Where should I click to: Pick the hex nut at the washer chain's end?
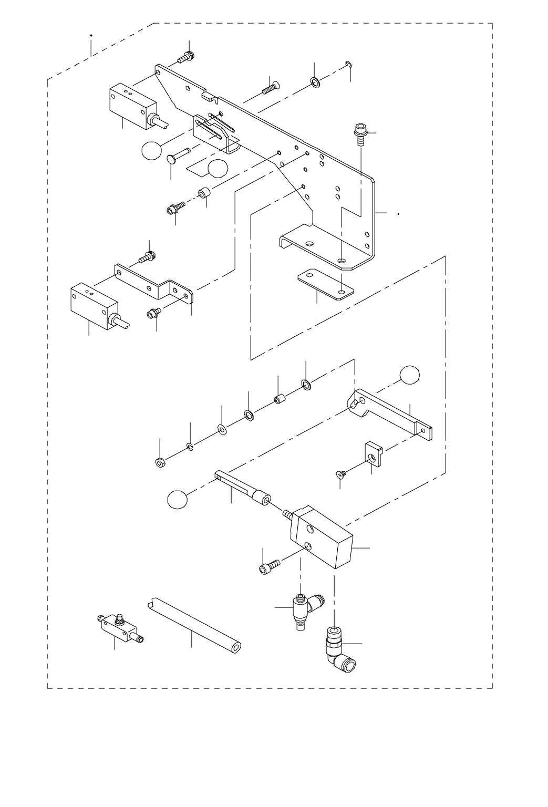click(x=159, y=462)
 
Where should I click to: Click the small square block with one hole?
click(x=373, y=452)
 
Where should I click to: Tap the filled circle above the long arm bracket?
click(x=409, y=375)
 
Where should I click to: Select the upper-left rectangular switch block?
click(x=133, y=106)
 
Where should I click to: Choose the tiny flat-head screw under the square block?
click(x=340, y=474)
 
